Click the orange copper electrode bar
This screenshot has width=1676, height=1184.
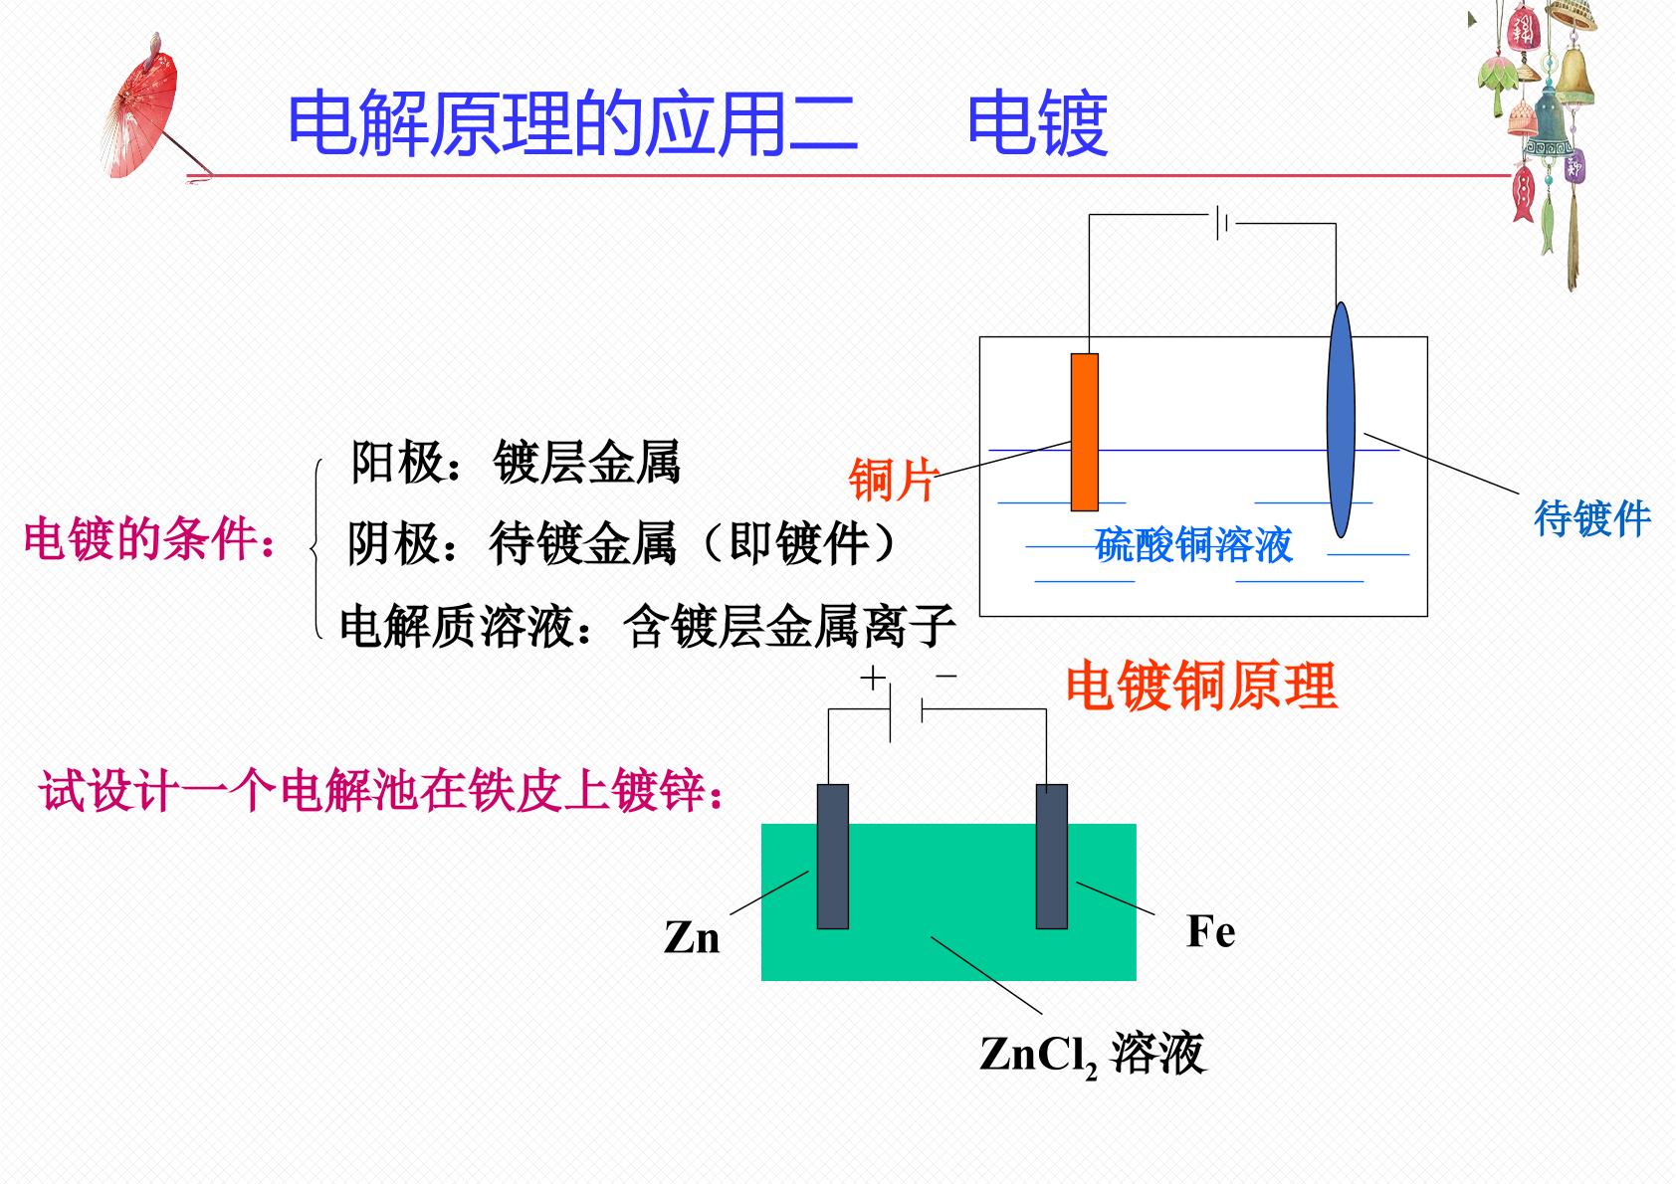tap(1084, 433)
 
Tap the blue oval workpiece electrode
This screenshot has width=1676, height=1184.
tap(1341, 420)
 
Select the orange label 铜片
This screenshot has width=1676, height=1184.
tap(892, 480)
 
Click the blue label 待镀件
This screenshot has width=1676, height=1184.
tap(1592, 518)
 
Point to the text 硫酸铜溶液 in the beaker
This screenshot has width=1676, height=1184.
tap(1193, 544)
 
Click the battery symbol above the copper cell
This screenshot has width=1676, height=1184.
tap(1222, 222)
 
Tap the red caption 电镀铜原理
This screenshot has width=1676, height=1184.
tap(1201, 686)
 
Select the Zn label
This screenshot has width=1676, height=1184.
tap(692, 936)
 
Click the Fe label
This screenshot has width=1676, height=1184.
tap(1210, 931)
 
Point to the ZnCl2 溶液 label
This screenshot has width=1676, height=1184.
tap(1093, 1054)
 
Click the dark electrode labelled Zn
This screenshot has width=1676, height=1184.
tap(833, 857)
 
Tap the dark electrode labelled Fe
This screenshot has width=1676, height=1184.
tap(1052, 857)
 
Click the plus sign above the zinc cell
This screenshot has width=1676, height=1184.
tap(873, 678)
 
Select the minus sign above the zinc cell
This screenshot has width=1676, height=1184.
tap(945, 676)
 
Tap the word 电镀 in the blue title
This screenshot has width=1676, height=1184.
tap(1037, 123)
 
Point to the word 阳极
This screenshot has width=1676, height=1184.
tap(397, 463)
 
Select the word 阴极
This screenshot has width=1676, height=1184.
tap(394, 544)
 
